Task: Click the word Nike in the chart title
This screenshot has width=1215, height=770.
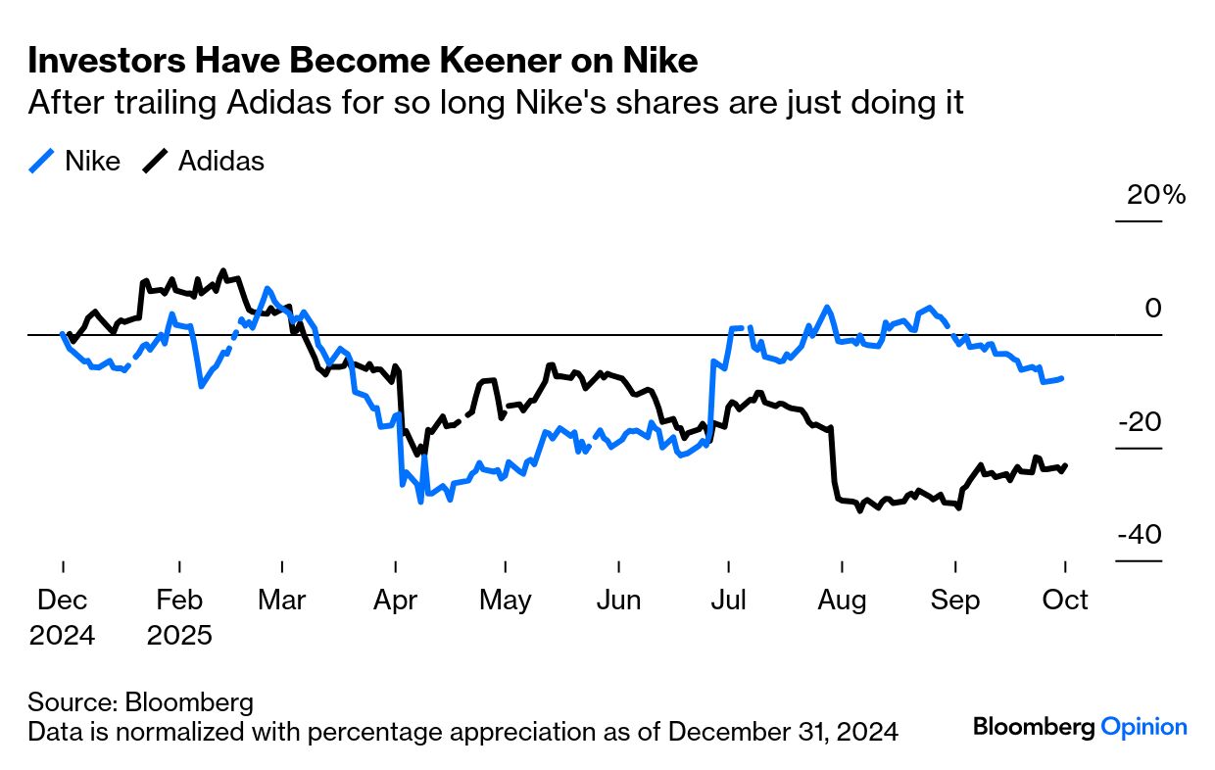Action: [660, 61]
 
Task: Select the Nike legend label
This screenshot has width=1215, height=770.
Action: [92, 161]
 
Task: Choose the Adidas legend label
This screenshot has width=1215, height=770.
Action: [220, 161]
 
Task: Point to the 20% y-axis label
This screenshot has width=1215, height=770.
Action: [1156, 195]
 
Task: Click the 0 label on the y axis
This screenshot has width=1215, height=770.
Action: [1153, 309]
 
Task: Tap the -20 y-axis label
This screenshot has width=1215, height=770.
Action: [1141, 422]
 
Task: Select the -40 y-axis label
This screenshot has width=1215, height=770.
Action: [1141, 536]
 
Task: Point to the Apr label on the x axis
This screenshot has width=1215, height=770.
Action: [394, 600]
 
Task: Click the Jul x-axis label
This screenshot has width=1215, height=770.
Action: [728, 600]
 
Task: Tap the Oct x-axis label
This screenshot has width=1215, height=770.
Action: [1065, 600]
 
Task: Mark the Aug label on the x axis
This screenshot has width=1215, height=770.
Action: [841, 600]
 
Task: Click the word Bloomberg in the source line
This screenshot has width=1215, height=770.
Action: [186, 702]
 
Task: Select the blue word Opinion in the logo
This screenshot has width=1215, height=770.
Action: [1143, 727]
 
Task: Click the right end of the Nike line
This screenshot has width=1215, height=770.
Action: [1062, 378]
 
